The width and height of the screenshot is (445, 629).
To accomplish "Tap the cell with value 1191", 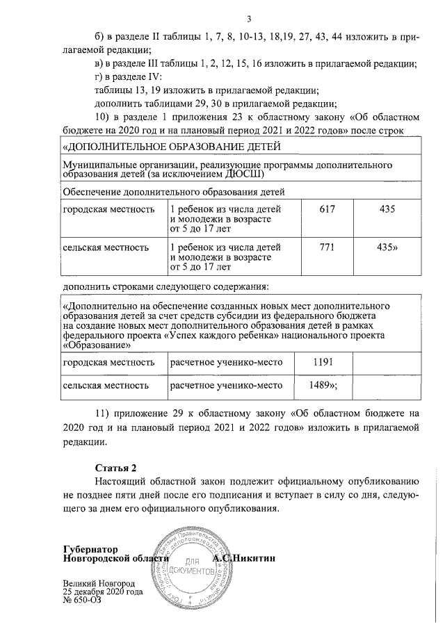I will click(x=325, y=362).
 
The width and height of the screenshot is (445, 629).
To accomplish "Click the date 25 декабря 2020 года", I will click(x=102, y=592).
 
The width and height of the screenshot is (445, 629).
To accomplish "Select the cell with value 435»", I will click(x=387, y=246).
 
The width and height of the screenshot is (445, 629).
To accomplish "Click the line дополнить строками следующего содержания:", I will click(x=165, y=286).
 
